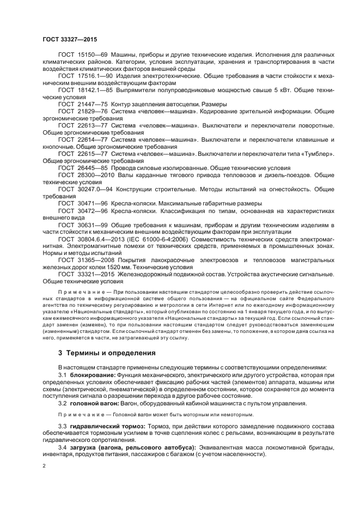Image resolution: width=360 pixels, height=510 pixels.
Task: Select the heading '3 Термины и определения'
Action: tap(107, 353)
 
